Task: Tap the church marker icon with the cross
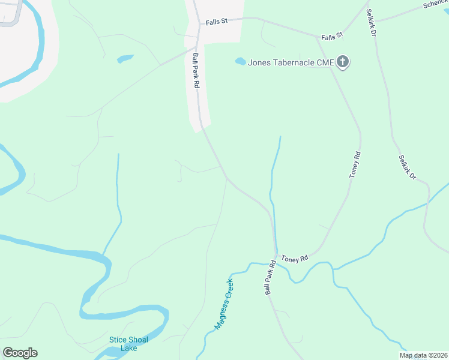coord(343,62)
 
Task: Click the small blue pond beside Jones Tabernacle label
coord(240,61)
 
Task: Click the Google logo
coord(20,353)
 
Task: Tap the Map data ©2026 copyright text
coord(423,355)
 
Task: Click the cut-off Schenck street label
coord(435,4)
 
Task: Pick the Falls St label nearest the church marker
coord(331,36)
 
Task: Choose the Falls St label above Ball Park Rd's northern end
coord(217,21)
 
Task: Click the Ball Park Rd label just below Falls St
coord(196,71)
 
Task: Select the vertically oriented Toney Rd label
coord(355,164)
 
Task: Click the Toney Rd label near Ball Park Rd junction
coord(295,257)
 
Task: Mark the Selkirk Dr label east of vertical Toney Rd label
coord(407,168)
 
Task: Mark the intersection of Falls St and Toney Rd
coord(318,37)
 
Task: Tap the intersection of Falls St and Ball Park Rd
coord(199,25)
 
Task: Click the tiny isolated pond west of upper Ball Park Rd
coord(125,58)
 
